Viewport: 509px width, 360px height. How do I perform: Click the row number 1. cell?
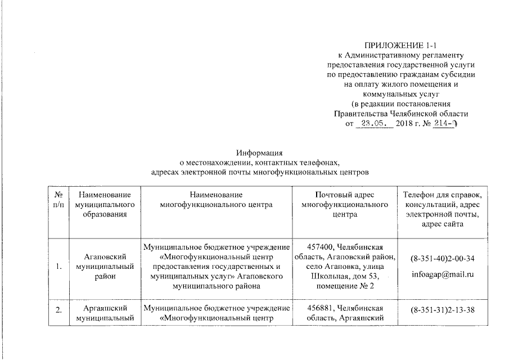[x=58, y=267]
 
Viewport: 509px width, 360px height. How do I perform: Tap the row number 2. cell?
[x=58, y=309]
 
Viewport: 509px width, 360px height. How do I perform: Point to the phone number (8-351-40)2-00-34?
[x=442, y=259]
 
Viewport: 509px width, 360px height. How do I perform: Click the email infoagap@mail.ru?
[x=442, y=275]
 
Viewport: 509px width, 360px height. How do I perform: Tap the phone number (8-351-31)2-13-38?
[x=442, y=309]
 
